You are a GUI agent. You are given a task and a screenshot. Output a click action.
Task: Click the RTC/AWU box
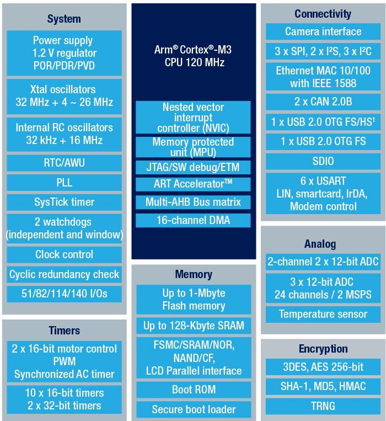tap(64, 163)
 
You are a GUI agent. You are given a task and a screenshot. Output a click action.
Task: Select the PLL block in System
tap(64, 183)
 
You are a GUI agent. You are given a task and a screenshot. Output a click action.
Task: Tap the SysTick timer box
tap(64, 202)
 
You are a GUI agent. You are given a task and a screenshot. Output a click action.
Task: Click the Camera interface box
tap(323, 31)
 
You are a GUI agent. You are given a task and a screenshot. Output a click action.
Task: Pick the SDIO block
tap(323, 161)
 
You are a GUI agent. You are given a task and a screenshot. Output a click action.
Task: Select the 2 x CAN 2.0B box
tap(323, 102)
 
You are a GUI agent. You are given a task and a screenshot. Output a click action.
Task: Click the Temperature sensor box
tap(323, 314)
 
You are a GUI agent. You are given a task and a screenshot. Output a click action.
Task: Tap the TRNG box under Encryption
tap(323, 406)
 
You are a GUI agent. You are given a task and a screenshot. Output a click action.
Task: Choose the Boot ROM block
tap(194, 390)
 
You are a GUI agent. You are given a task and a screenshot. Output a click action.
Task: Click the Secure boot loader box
tap(194, 409)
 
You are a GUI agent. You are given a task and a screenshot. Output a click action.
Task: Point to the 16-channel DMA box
tap(193, 221)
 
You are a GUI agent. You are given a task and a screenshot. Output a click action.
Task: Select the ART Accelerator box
tap(193, 184)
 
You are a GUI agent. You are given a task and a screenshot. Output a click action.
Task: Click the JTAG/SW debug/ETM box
tap(193, 167)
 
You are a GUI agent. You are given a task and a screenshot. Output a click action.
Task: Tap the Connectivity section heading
tap(323, 14)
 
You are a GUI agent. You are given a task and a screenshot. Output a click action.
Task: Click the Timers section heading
tap(65, 331)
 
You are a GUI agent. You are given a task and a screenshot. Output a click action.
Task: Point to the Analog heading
tap(320, 244)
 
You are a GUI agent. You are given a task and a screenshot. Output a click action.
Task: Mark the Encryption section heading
tap(323, 349)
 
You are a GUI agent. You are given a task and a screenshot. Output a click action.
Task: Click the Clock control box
tap(64, 254)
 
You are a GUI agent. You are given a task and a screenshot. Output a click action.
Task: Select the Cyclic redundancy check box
tap(64, 274)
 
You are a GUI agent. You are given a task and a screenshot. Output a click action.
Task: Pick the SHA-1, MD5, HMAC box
tap(323, 386)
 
